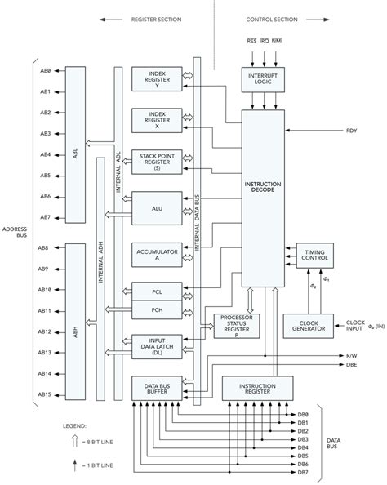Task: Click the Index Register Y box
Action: pos(158,80)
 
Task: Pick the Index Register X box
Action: pos(158,120)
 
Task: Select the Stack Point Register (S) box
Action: pos(158,162)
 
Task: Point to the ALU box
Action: pos(158,208)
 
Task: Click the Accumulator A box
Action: pos(158,256)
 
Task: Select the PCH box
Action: pos(158,310)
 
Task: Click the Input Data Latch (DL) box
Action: pos(158,347)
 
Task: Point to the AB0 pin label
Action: pos(45,70)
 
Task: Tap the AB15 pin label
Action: pos(45,394)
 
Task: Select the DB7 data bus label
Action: pos(303,472)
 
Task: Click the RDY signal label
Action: pos(352,131)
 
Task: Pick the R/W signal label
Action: pos(351,356)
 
